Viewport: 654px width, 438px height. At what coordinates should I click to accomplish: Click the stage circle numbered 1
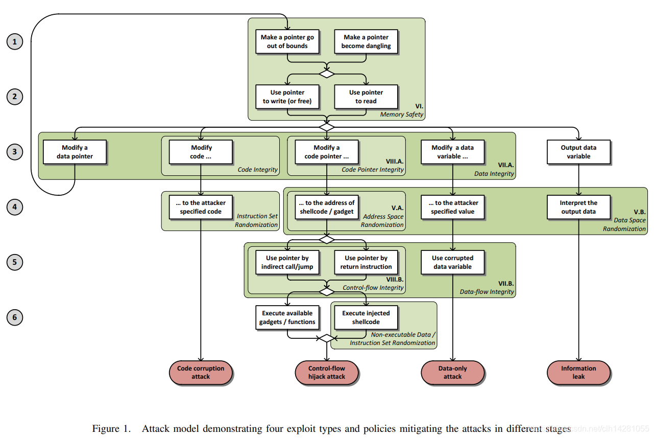coord(15,41)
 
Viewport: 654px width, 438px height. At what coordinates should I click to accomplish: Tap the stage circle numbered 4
coord(15,207)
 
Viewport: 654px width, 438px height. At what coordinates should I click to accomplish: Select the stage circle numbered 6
coord(15,317)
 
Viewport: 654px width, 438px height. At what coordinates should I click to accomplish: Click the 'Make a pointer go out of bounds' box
coord(287,41)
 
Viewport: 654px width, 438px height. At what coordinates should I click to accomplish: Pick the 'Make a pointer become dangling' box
coord(366,41)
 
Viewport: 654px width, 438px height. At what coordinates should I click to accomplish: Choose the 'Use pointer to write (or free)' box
coord(287,97)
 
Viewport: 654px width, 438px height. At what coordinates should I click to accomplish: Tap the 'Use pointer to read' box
coord(366,97)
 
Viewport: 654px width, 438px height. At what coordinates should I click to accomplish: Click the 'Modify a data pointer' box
coord(75,152)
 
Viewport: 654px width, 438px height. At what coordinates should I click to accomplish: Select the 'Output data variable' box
coord(578,152)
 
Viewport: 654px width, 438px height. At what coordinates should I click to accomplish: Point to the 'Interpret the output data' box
coord(578,207)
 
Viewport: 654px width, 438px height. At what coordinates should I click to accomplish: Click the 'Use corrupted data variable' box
coord(452,262)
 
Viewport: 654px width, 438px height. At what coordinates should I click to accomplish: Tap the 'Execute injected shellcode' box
coord(366,317)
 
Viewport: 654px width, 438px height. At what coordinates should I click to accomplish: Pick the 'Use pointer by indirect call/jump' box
coord(287,262)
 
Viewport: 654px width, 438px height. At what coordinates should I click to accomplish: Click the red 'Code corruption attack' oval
coord(201,372)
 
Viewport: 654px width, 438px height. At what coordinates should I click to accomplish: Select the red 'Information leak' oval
coord(578,372)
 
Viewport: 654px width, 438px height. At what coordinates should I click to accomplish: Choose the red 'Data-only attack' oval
coord(452,372)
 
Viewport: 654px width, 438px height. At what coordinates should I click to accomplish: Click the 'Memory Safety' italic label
coord(401,114)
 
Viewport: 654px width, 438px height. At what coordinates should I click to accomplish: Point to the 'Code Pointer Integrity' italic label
coord(372,170)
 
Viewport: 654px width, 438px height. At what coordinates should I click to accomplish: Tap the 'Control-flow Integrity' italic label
coord(373,288)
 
